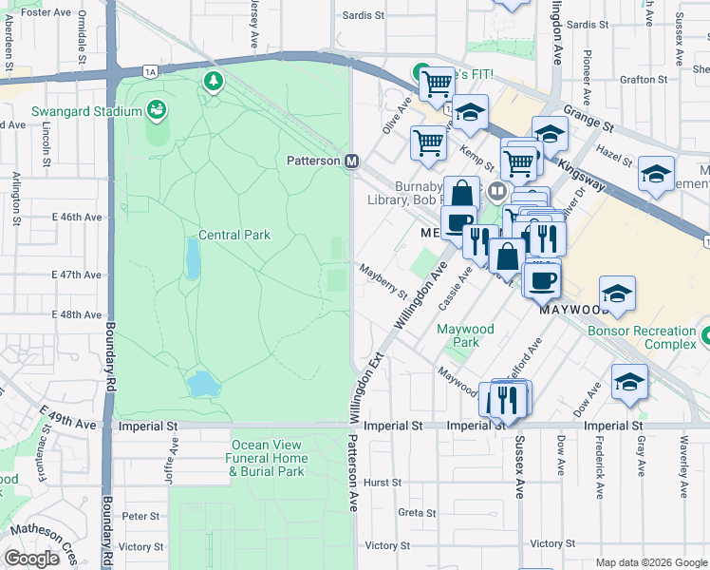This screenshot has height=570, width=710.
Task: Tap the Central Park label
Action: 234,235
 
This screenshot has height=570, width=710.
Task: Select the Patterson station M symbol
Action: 351,161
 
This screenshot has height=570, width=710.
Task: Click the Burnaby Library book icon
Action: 495,193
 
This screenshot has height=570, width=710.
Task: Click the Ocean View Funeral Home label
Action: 268,458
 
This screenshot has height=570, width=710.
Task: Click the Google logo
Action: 31,559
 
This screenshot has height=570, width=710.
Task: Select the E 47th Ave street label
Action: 74,275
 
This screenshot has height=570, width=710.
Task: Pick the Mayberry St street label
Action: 383,281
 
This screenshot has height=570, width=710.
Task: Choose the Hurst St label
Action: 383,483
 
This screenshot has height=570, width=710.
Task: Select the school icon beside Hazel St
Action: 656,174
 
